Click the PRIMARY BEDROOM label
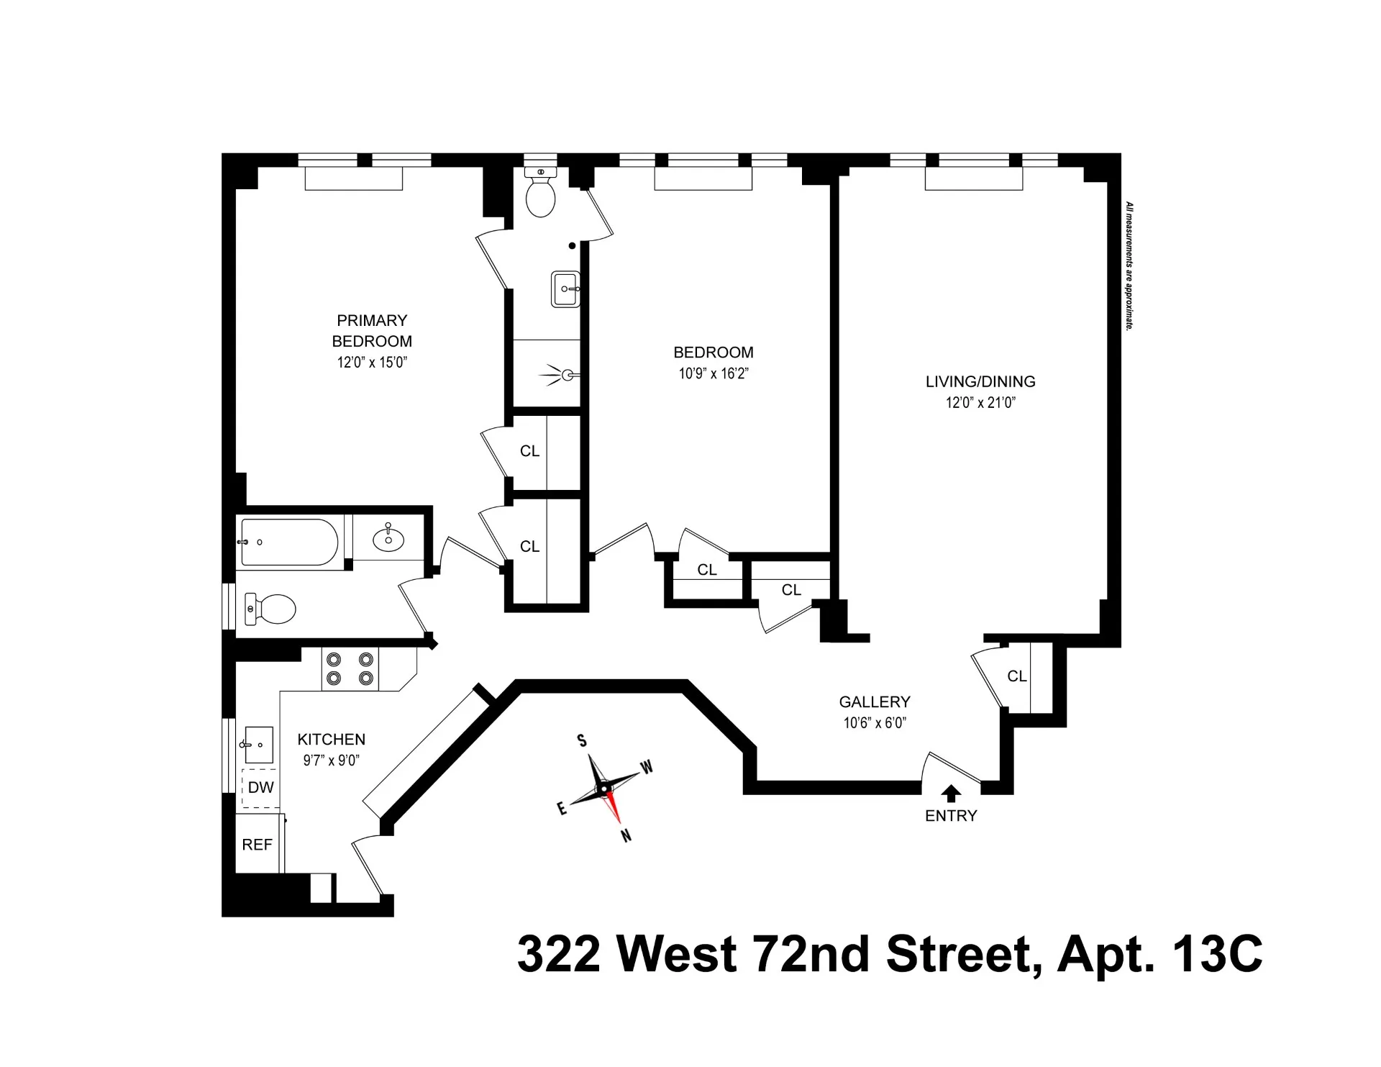[372, 331]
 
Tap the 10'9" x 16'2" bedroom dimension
[714, 373]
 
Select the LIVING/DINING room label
[980, 381]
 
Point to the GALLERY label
[875, 702]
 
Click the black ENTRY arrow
[951, 793]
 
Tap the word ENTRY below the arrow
[951, 816]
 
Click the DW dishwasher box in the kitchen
[260, 788]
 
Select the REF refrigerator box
[257, 845]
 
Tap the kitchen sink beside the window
[258, 745]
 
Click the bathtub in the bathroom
[289, 542]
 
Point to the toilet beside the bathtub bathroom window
[270, 609]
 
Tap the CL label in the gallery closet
[1017, 676]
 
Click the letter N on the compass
[626, 835]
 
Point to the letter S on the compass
[582, 741]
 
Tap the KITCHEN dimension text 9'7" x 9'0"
[331, 760]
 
